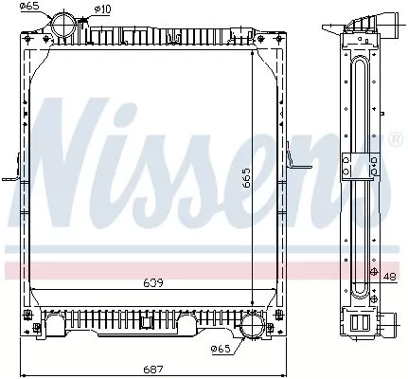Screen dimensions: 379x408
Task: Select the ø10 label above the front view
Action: point(102,10)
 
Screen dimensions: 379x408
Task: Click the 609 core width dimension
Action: point(154,282)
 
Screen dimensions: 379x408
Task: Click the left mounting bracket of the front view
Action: point(12,176)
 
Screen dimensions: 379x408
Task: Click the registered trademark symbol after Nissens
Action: point(395,140)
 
